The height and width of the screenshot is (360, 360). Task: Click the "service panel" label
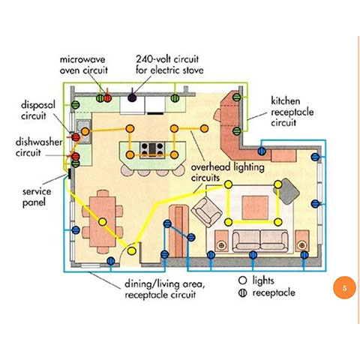tap(37, 197)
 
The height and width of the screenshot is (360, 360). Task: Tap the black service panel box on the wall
tap(69, 174)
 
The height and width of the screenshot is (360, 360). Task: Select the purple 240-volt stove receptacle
tap(132, 97)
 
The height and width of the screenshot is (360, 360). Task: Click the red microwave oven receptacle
tap(108, 98)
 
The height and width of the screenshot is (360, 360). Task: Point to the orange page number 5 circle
tap(344, 287)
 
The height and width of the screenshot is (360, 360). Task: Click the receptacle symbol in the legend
tap(242, 292)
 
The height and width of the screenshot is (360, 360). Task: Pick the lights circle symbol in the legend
tap(242, 280)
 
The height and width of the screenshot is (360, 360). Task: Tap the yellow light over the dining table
tap(103, 222)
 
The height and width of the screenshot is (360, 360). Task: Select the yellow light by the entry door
tap(131, 250)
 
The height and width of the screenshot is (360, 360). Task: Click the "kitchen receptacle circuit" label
tap(292, 112)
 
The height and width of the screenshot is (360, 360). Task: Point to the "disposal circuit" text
tap(38, 110)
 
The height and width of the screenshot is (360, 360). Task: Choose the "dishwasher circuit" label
tap(39, 147)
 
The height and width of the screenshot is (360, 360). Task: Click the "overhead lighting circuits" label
tap(227, 172)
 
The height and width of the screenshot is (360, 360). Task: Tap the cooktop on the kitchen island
tap(152, 149)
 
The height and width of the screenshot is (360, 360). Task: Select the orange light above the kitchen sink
tap(85, 131)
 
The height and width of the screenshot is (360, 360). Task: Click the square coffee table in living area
tap(255, 208)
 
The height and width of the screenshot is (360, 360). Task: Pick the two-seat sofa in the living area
tap(260, 241)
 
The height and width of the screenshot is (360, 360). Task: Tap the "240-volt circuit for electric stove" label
tap(169, 64)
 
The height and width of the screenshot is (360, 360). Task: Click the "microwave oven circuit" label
tap(84, 65)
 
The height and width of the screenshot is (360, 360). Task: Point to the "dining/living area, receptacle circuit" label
tap(165, 289)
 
